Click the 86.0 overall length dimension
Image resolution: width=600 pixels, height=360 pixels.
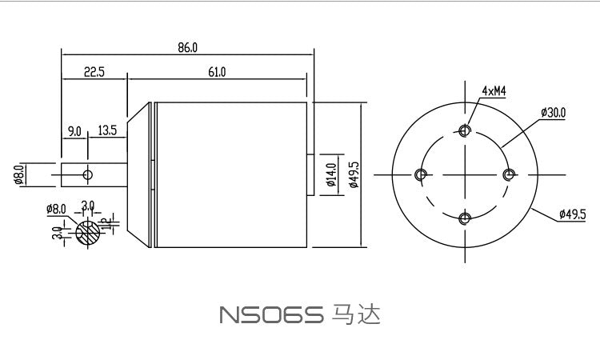point(187,48)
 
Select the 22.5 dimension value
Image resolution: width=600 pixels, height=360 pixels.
point(94,72)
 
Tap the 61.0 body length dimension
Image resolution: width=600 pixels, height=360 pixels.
point(217,72)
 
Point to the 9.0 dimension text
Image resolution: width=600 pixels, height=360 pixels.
point(74,130)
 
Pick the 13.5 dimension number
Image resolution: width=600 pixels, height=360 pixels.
point(107,130)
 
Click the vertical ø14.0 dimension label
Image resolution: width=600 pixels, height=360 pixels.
point(330,174)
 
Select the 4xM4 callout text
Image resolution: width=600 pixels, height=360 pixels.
point(494,91)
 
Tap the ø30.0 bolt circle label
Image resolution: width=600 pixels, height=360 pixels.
point(553,113)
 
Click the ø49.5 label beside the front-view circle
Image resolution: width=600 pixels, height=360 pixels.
point(572,214)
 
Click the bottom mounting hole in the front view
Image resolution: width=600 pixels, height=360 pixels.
point(465,217)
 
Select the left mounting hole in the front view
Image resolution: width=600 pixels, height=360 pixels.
point(422,174)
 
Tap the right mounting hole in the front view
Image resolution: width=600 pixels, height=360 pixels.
point(507,174)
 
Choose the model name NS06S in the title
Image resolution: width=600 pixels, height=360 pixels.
point(270,315)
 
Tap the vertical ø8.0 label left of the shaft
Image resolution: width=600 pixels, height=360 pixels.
point(18,174)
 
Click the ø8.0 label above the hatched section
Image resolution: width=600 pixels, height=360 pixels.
point(57,210)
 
